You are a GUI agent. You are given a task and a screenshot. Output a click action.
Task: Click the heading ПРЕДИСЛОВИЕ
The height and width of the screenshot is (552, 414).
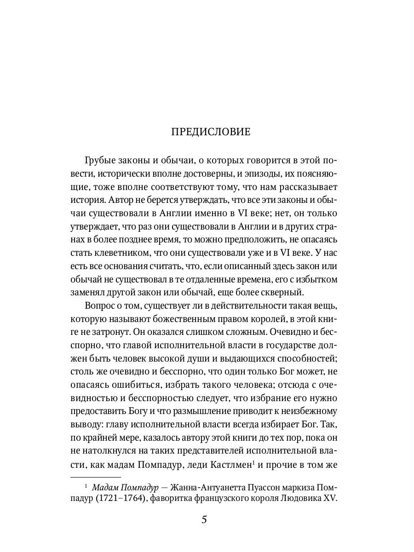point(211,132)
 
